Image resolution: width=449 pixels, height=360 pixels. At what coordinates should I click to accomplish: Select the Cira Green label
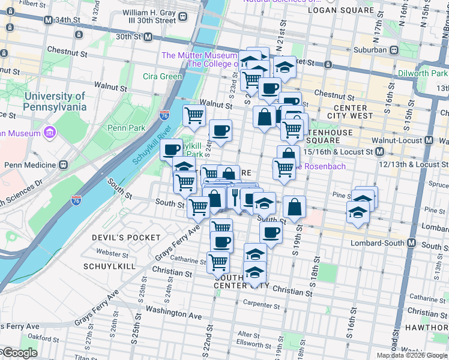pos(162,76)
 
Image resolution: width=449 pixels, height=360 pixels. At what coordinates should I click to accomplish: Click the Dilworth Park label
pos(422,73)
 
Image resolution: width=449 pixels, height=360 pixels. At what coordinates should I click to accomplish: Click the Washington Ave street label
pos(173,313)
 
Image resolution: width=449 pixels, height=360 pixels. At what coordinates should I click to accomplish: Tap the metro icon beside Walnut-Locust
pos(429,140)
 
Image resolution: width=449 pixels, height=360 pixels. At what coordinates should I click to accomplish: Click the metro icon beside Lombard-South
pos(412,243)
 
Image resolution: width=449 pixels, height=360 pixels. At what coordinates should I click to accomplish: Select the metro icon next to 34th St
pos(48,20)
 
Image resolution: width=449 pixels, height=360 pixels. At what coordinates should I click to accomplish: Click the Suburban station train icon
pos(394,50)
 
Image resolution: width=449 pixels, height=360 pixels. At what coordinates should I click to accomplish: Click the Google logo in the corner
pos(19,353)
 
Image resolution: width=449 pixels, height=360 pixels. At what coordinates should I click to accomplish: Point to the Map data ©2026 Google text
pos(411,355)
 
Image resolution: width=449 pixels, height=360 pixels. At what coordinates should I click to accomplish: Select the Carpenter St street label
pos(259,305)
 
